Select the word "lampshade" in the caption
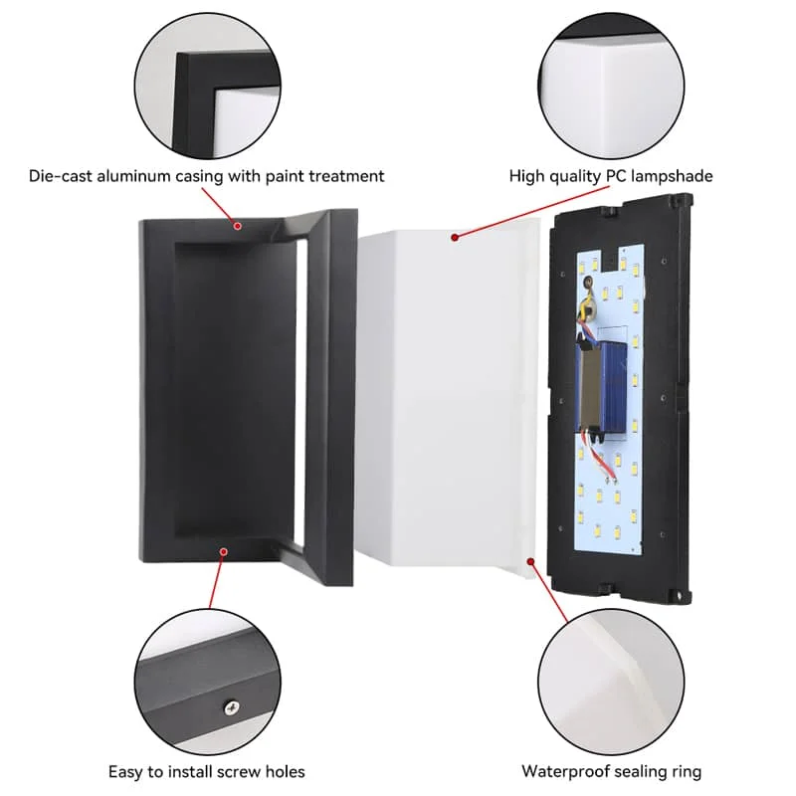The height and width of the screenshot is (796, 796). (672, 176)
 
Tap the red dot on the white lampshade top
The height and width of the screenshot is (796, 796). (453, 237)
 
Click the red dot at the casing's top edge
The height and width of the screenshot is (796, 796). (238, 226)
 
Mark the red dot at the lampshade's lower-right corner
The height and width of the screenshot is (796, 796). (533, 561)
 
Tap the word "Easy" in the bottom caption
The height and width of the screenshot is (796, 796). (126, 771)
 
